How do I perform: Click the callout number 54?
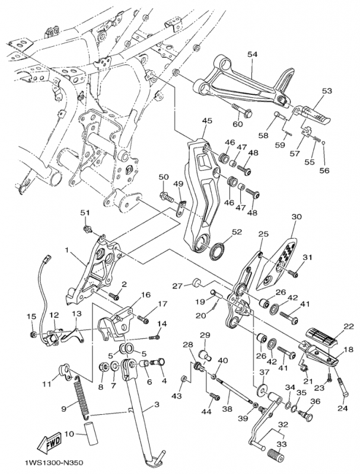tap(253, 54)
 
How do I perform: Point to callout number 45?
tap(206, 121)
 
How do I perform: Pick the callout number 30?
tap(297, 217)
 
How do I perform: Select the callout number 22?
tap(348, 326)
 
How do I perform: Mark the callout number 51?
tap(85, 213)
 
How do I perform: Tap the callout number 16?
tap(145, 294)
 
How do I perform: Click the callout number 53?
tap(327, 91)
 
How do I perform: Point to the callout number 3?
tap(157, 405)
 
